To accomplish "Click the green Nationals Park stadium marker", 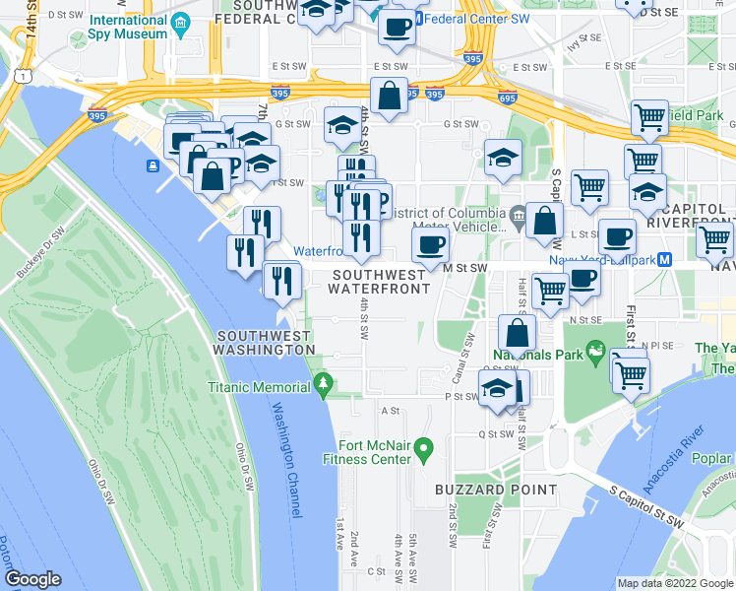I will point(595,350).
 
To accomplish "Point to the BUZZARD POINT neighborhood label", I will point(496,490).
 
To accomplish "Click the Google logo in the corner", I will point(32,579).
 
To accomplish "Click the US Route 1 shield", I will point(21,75).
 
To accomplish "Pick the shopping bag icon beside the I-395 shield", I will point(390,97).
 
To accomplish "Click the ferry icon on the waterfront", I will point(153,165).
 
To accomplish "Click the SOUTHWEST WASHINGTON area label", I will point(265,343).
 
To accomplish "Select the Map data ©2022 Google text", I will point(674,583).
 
